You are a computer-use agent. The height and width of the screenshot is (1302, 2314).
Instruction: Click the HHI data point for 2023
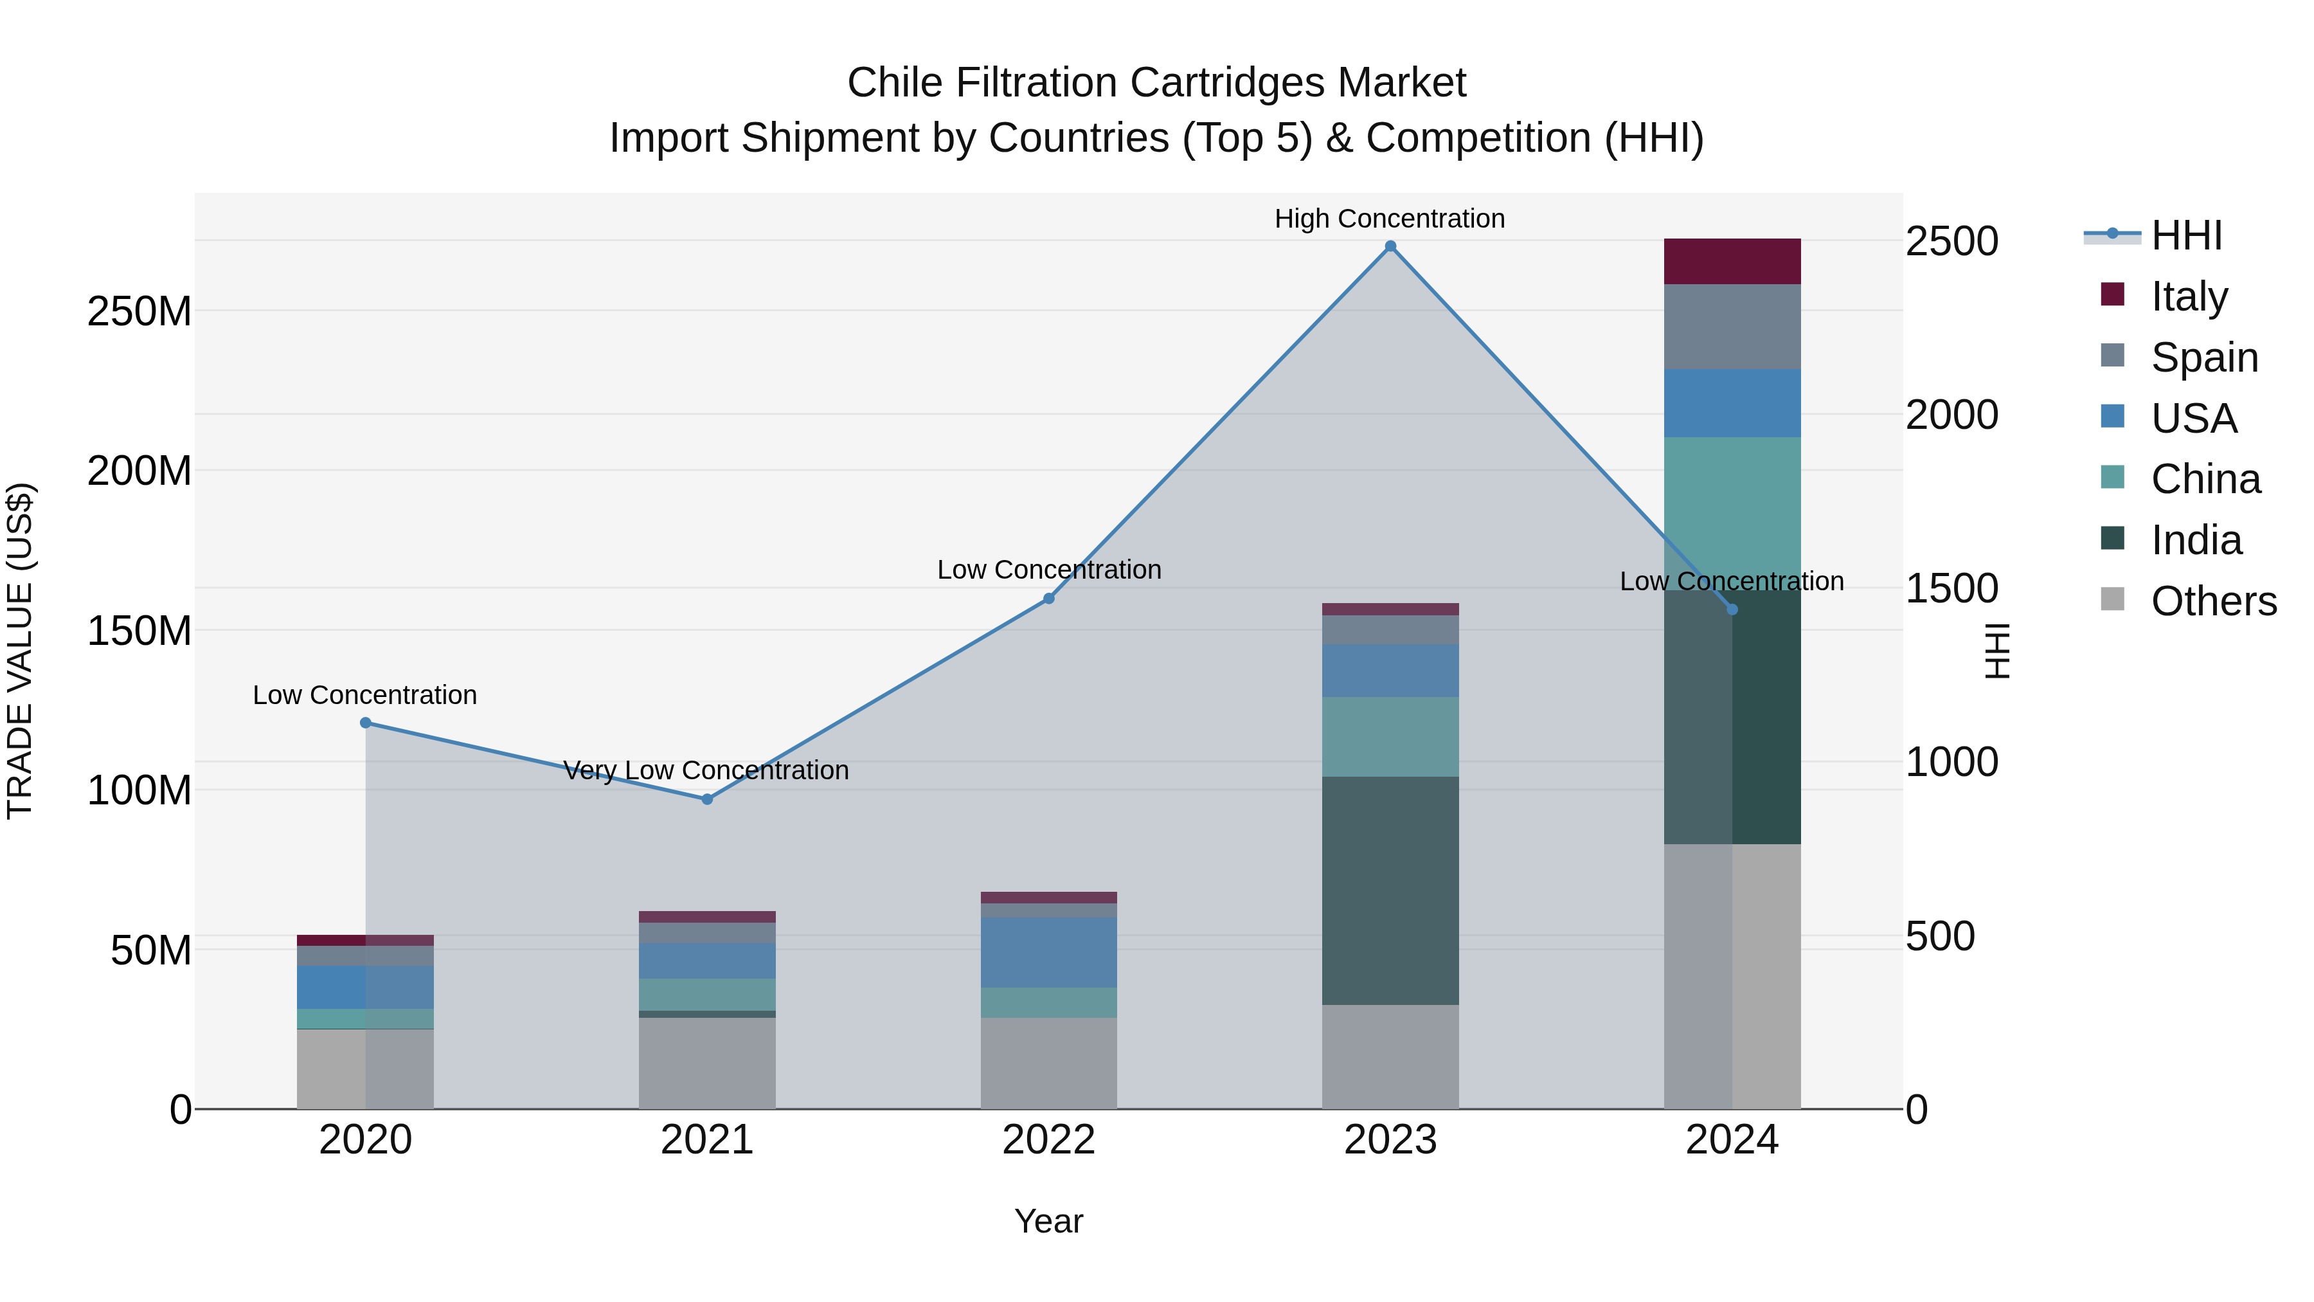pos(1390,246)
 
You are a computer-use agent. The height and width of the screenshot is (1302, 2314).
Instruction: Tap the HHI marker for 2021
pos(707,799)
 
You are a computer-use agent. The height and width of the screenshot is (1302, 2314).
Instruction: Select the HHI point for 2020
pos(366,723)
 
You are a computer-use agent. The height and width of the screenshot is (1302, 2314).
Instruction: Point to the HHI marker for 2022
pos(1048,599)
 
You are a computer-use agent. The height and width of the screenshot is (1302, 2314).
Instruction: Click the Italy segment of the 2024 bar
pos(1732,262)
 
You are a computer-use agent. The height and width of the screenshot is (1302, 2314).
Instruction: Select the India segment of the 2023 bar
pos(1390,890)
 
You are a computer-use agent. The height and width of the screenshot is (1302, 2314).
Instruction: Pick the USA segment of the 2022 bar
pos(1048,952)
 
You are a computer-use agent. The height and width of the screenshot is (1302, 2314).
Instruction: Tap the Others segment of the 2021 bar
pos(707,1063)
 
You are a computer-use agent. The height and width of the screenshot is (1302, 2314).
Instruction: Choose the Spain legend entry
pos(2203,357)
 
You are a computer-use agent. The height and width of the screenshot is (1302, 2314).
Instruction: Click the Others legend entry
pos(2213,601)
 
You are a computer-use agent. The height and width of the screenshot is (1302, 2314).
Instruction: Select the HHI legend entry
pos(2185,235)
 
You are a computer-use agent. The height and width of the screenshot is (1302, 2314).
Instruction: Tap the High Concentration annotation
pos(1390,219)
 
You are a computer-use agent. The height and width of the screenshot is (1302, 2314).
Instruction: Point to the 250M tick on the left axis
pos(139,311)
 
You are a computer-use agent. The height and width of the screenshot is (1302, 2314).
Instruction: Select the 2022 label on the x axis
pos(1048,1140)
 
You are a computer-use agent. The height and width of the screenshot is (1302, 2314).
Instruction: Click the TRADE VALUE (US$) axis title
pos(21,651)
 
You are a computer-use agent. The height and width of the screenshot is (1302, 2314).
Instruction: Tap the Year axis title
pos(1048,1221)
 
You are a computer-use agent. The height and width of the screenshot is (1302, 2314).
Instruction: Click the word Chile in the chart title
pos(895,83)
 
